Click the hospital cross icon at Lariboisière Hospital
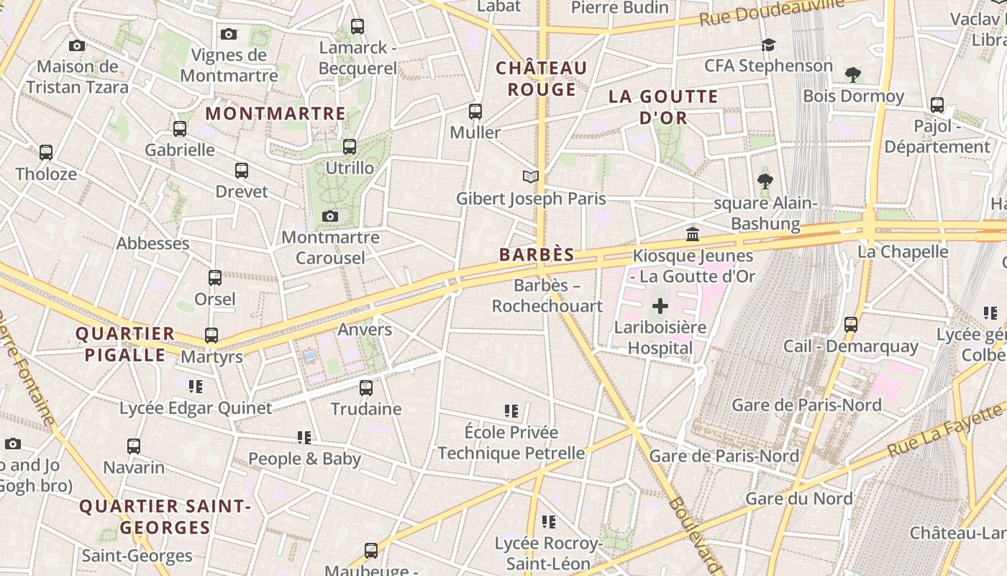[x=660, y=307]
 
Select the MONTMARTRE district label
[x=275, y=114]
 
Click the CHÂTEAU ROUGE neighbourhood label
[x=542, y=79]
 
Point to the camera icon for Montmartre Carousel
[x=330, y=217]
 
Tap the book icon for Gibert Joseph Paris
[x=531, y=177]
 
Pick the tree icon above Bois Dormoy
[x=853, y=75]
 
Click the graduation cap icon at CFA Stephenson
[x=768, y=45]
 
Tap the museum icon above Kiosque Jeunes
[x=693, y=234]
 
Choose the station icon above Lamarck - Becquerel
[x=357, y=27]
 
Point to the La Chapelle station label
[x=903, y=252]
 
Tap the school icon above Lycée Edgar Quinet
[x=196, y=387]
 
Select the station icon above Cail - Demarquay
[x=851, y=325]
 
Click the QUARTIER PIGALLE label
[x=125, y=344]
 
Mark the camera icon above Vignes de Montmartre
[x=229, y=34]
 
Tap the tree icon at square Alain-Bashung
[x=765, y=181]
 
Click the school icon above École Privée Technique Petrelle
[x=511, y=411]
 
